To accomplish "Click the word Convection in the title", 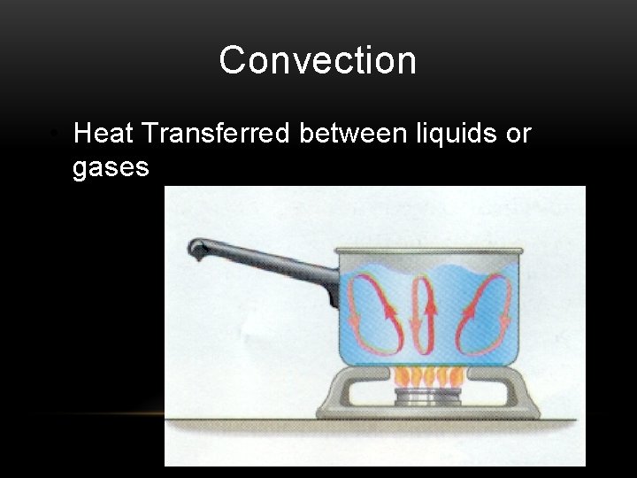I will pyautogui.click(x=318, y=60).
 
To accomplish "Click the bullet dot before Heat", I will pyautogui.click(x=55, y=135).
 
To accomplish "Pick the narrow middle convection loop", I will pyautogui.click(x=424, y=314).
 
